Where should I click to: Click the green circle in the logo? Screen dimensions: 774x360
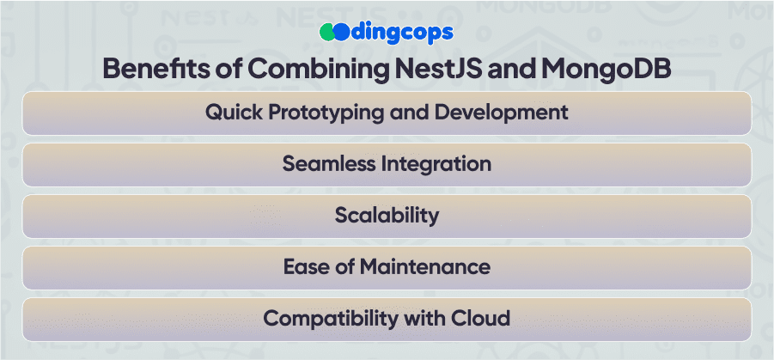(x=327, y=33)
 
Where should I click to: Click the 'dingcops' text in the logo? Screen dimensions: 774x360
(x=402, y=34)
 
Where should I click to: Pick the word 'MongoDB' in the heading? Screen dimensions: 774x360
(x=606, y=70)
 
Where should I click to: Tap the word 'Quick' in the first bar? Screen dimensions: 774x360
(x=234, y=113)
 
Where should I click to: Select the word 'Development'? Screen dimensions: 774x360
(x=501, y=113)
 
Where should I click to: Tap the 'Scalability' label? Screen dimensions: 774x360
(x=387, y=217)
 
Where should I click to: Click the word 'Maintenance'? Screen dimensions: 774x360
(x=424, y=267)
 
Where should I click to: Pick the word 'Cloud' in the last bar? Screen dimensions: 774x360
(x=480, y=318)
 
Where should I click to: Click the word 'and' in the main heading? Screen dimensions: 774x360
(x=512, y=69)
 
